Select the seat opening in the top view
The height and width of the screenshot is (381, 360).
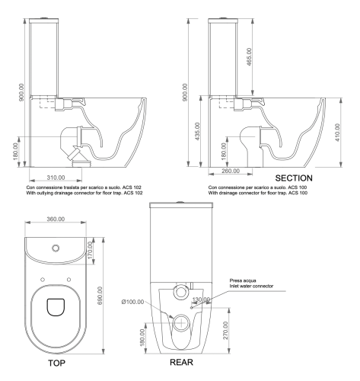56,306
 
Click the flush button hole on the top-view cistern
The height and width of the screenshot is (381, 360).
56,248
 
